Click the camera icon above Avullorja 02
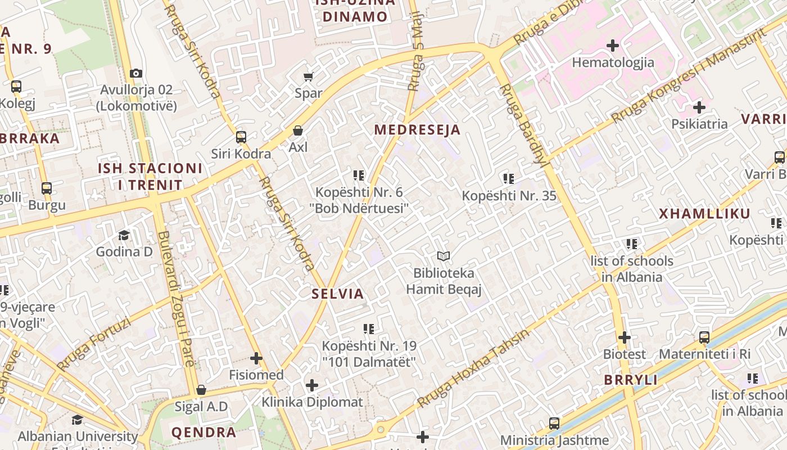(x=135, y=73)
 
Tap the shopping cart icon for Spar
(x=308, y=76)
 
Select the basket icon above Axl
(x=298, y=130)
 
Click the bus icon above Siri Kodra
(x=241, y=137)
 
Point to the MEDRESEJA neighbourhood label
(x=417, y=130)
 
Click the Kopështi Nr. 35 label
(x=509, y=196)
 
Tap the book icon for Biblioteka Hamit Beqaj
(x=444, y=256)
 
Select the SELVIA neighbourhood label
(x=338, y=294)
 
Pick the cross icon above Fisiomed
(x=256, y=358)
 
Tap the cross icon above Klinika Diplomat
(x=312, y=385)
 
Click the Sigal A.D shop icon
(x=201, y=390)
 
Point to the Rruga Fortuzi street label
(x=94, y=344)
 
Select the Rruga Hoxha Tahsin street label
(x=473, y=369)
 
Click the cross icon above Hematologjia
(x=613, y=45)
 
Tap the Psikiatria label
(x=699, y=124)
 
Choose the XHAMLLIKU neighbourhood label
(x=704, y=214)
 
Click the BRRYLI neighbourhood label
(x=631, y=380)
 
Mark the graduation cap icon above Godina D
(x=124, y=235)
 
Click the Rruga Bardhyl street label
(x=523, y=126)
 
